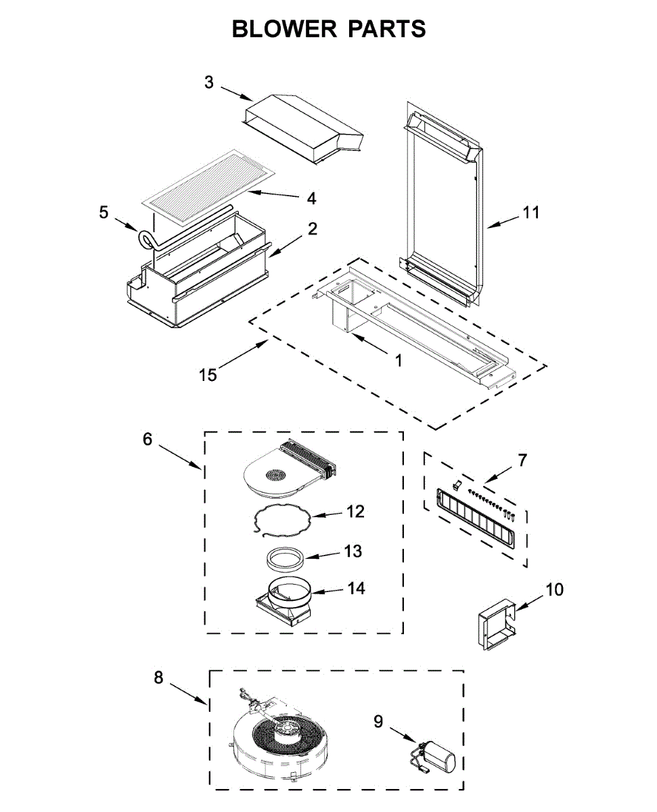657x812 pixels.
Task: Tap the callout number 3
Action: click(x=209, y=82)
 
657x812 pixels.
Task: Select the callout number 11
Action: click(x=531, y=212)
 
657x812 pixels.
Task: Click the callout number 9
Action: click(x=378, y=722)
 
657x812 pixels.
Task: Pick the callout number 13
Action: click(x=353, y=551)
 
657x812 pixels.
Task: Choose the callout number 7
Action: click(x=522, y=461)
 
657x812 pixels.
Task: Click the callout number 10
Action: click(x=554, y=589)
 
